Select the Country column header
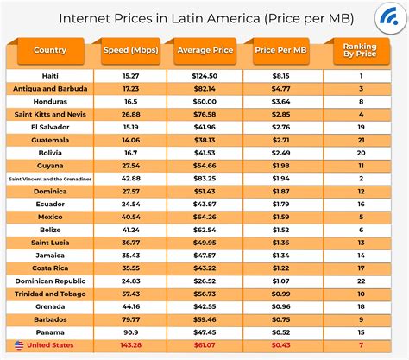[50, 50]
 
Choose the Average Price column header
[204, 50]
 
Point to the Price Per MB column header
[280, 50]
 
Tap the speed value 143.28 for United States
[131, 345]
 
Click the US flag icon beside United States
[19, 345]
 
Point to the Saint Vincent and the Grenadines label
[50, 179]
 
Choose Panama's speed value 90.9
[131, 332]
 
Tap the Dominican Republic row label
[50, 281]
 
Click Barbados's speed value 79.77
[131, 319]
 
